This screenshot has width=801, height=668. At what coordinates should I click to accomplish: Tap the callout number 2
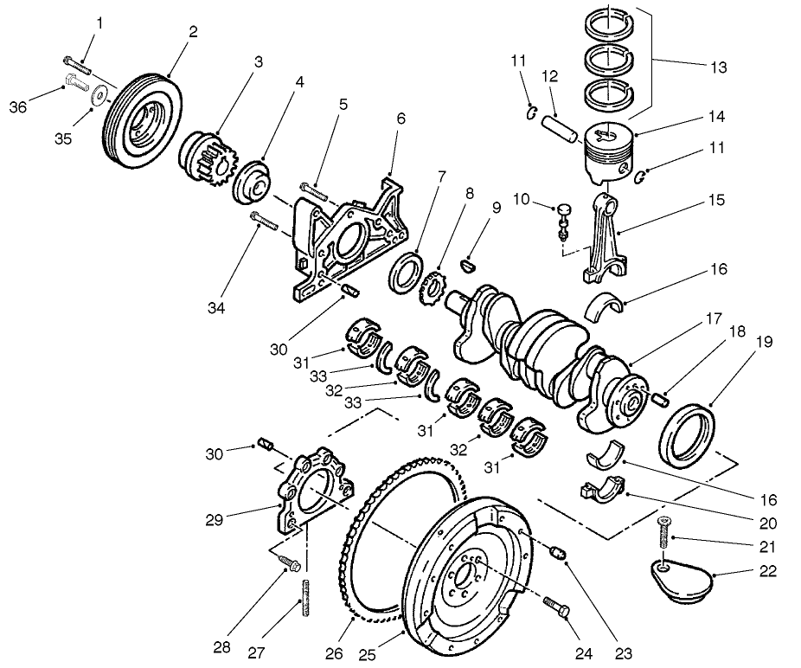pos(192,32)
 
